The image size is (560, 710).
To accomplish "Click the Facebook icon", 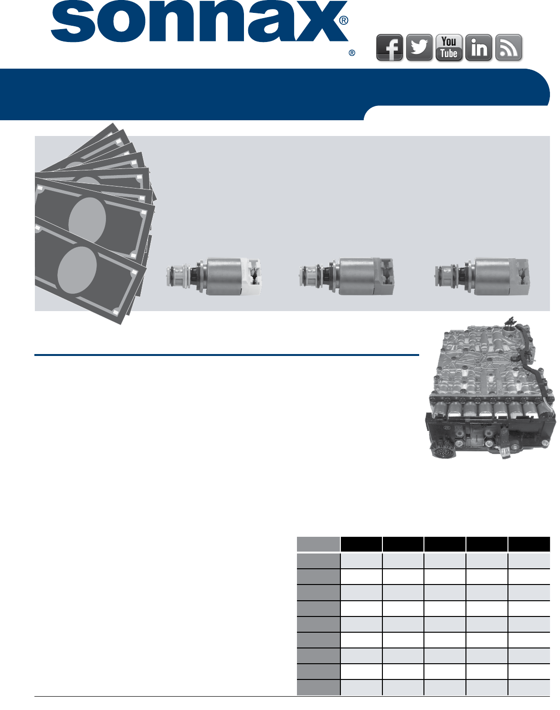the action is tap(389, 48).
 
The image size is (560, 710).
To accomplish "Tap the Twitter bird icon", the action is tap(419, 48).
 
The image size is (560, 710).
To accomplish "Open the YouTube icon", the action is tap(449, 48).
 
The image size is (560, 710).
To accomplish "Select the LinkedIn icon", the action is tap(479, 48).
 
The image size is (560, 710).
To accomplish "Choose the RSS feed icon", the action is tap(508, 48).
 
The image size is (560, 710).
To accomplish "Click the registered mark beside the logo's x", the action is tap(344, 21).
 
